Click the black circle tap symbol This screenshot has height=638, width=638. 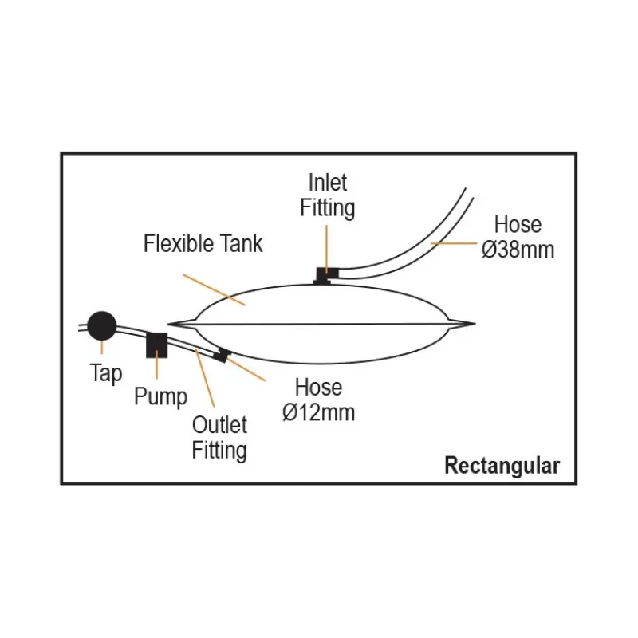point(102,326)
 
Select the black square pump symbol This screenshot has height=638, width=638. point(156,345)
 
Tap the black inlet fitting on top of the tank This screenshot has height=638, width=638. point(326,275)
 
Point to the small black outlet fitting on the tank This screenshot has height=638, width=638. point(222,355)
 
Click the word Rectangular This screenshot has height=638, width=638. point(502,466)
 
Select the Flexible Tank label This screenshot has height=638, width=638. point(203,243)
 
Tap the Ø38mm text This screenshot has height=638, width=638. point(518,250)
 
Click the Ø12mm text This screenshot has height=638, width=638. point(318,412)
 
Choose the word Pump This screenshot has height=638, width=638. point(161,396)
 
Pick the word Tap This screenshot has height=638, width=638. point(106,373)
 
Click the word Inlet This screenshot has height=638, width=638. point(328,183)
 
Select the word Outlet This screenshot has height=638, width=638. point(219,425)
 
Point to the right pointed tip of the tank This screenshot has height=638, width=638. point(475,324)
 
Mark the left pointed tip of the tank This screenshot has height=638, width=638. point(168,325)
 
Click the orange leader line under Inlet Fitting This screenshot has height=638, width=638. point(326,249)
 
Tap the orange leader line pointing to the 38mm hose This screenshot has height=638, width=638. point(454,243)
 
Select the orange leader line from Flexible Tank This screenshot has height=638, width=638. point(214,289)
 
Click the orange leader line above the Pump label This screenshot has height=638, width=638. point(156,364)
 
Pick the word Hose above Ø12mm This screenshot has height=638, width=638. point(318,387)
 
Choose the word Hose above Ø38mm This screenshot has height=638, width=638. point(518,225)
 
